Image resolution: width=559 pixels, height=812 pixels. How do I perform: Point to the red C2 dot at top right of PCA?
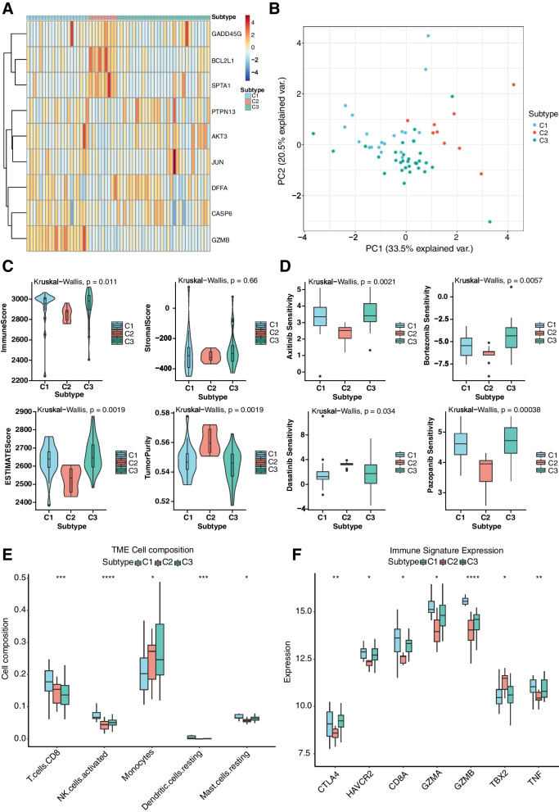tap(514, 84)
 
